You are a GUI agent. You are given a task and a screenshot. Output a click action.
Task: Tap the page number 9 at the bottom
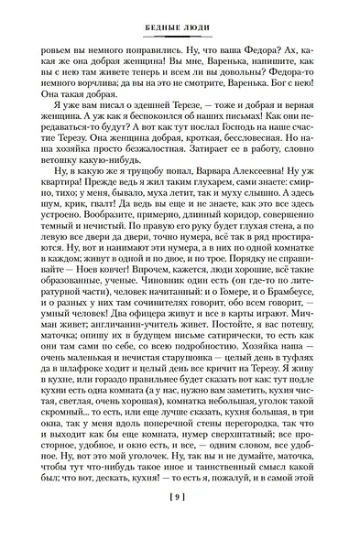(x=180, y=522)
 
